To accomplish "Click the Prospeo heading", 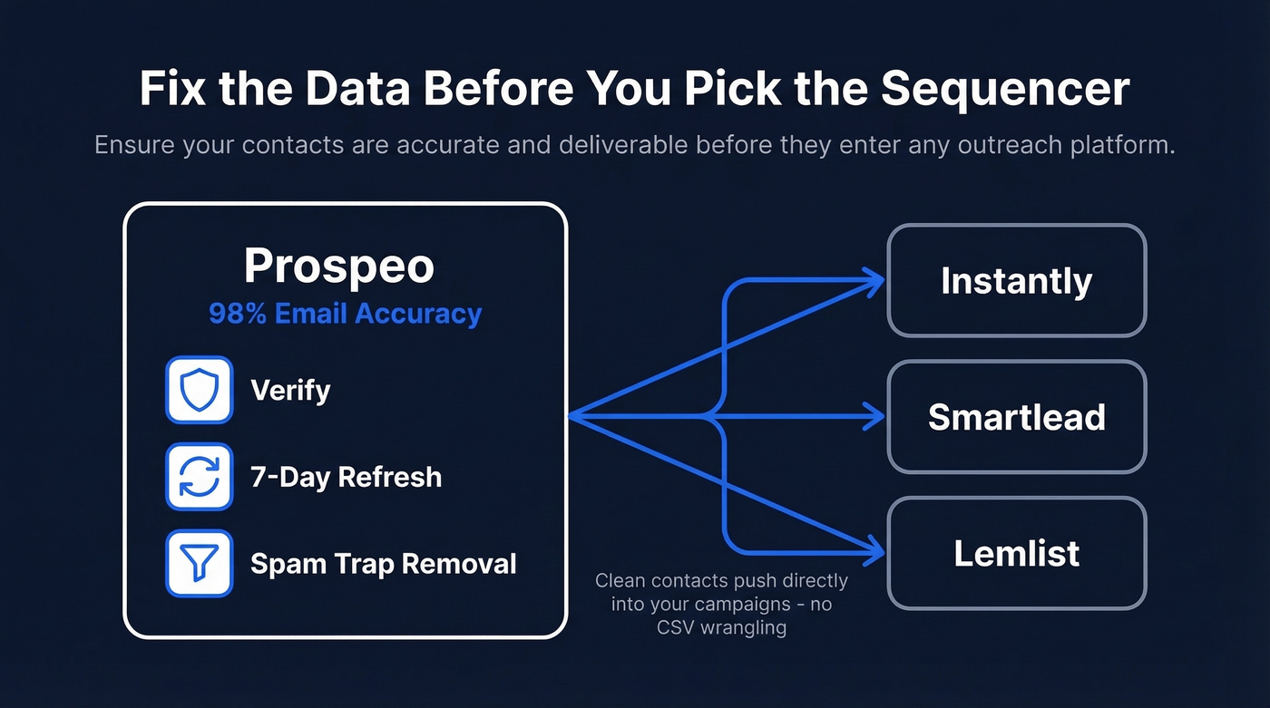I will click(x=339, y=266).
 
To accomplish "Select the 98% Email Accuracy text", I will click(x=345, y=314).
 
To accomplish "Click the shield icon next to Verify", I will click(x=200, y=390).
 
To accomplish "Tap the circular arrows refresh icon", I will click(x=200, y=477).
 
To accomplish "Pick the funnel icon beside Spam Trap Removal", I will click(x=200, y=564).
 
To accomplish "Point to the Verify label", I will click(x=290, y=391).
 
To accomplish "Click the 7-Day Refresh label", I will click(x=346, y=477).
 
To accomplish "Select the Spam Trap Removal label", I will click(x=383, y=564).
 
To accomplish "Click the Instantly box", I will click(x=1016, y=281).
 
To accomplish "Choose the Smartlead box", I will click(x=1016, y=417).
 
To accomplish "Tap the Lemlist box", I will click(x=1016, y=553).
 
